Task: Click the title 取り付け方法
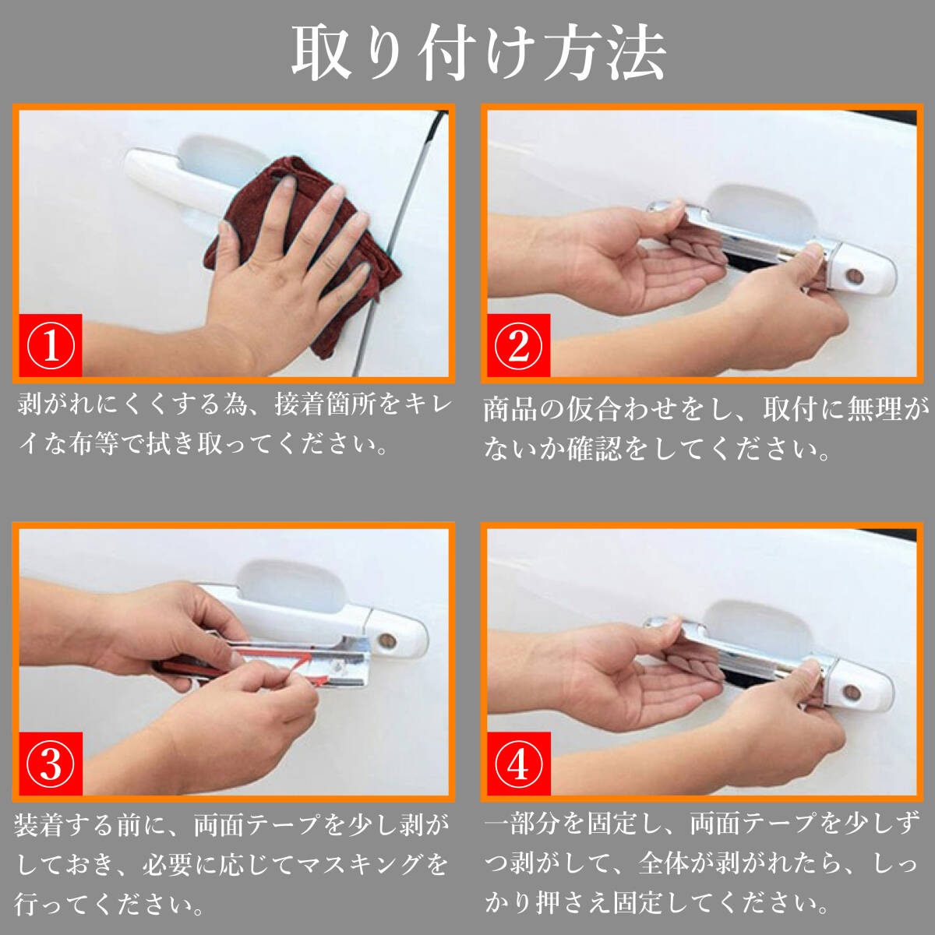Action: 478,54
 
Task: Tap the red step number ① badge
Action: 51,345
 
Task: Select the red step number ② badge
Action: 519,345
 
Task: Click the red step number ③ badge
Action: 51,764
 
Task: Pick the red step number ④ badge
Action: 519,764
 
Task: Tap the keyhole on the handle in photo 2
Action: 854,276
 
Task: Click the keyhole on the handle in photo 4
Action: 852,693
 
